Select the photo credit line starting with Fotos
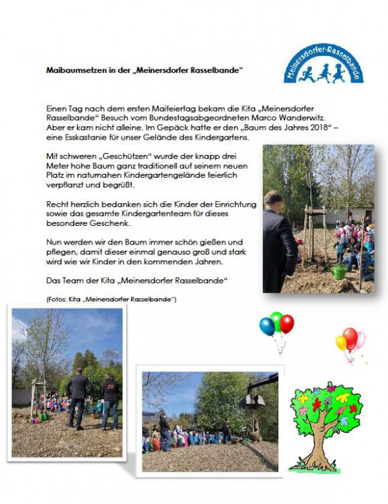click(112, 299)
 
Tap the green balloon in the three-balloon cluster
click(276, 319)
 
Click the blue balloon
click(267, 326)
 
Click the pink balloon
click(360, 340)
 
